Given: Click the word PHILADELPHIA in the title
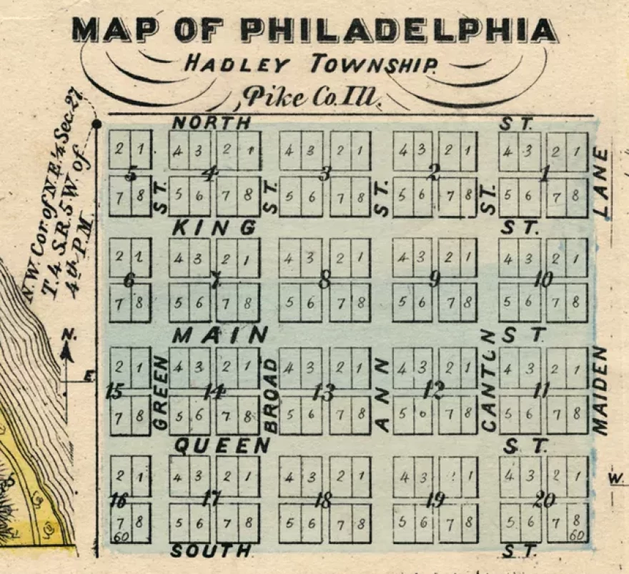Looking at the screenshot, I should (x=397, y=29).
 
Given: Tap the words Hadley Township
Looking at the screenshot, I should (x=311, y=64).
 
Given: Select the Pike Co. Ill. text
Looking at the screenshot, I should (x=311, y=96).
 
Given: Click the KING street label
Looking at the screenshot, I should (x=214, y=228).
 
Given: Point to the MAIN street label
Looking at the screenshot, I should (x=221, y=335).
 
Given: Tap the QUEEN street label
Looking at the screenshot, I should (x=223, y=446).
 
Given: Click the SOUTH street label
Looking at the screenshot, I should (x=211, y=551).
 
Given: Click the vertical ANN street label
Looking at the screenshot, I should (x=382, y=395).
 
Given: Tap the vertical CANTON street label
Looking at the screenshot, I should (x=489, y=380).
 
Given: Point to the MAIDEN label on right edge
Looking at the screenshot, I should (x=600, y=390).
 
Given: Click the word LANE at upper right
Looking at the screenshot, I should (x=602, y=182).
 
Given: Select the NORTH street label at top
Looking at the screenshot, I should (x=212, y=123).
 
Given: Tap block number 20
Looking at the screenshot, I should (x=543, y=500).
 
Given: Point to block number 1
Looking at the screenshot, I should (x=545, y=173).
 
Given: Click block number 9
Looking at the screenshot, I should (x=434, y=279).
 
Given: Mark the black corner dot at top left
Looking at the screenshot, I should (x=96, y=124).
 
